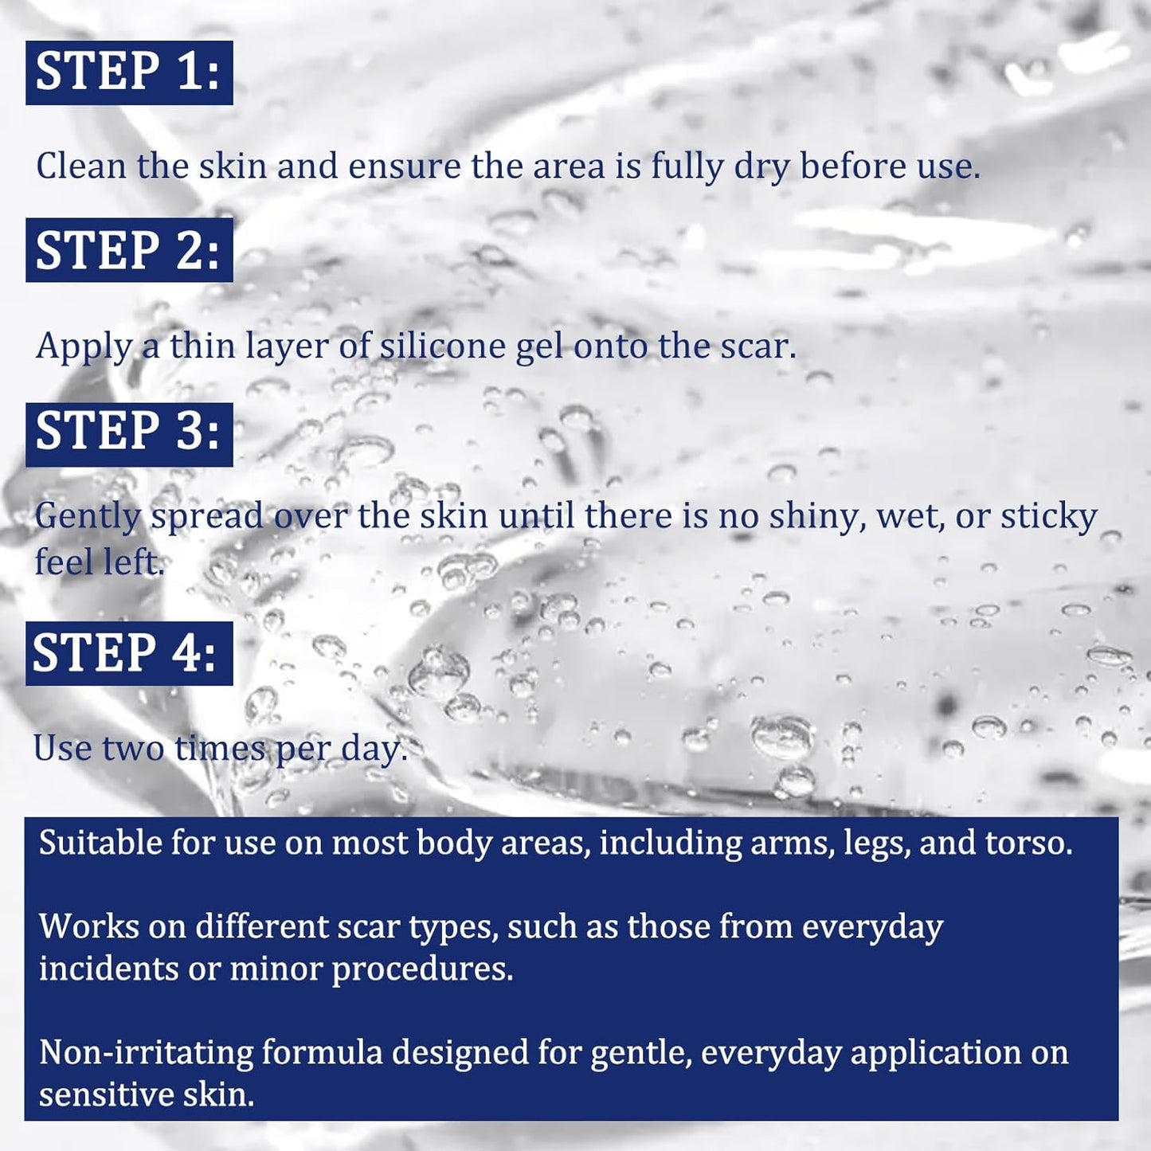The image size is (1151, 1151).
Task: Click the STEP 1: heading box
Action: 129,72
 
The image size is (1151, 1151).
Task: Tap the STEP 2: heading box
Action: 129,249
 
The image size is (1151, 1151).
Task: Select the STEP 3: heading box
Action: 129,434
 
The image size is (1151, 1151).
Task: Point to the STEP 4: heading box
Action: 129,653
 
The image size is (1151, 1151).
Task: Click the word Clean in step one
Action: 81,166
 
